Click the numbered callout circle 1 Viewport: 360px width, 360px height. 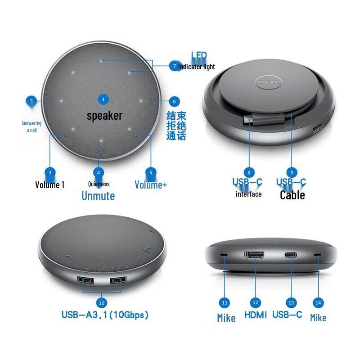point(103,99)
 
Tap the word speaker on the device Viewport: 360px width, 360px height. point(104,116)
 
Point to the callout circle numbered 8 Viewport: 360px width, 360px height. point(249,172)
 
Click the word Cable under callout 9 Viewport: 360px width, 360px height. point(292,195)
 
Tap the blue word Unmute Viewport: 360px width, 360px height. point(98,196)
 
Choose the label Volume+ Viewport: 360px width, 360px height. point(151,184)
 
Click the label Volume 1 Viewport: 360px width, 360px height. point(50,184)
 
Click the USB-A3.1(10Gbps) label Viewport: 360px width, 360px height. point(104,315)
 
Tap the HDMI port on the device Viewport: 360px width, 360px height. point(255,256)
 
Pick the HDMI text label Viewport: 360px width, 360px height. point(255,315)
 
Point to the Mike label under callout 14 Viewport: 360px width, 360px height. point(318,318)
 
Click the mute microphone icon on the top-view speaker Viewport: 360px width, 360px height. point(101,151)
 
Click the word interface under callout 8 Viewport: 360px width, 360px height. point(248,194)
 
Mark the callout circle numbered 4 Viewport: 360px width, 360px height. point(99,172)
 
